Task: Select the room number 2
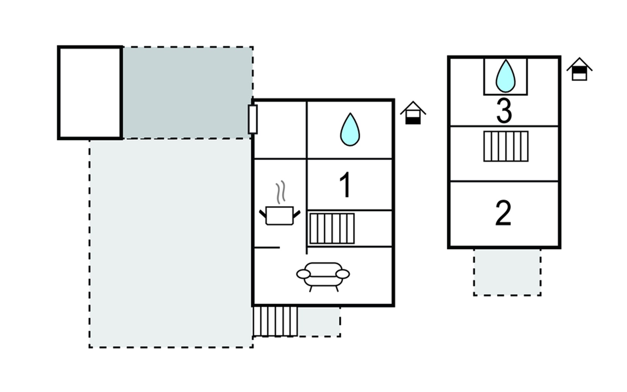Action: pos(503,213)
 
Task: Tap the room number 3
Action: pos(504,111)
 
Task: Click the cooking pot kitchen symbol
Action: pos(280,216)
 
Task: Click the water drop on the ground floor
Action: pos(350,129)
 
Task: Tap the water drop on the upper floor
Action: pos(506,76)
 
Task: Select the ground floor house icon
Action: pos(413,113)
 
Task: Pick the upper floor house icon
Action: pos(579,69)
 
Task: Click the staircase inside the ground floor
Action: pos(332,229)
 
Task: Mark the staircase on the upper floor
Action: pos(506,146)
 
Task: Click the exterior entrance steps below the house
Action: pos(275,321)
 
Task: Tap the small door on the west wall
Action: pos(252,119)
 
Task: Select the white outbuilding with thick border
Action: pos(90,93)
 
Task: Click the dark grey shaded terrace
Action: pos(187,93)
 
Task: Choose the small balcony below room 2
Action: pos(507,272)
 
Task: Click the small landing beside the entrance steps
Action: pos(319,322)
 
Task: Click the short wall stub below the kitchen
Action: pos(267,248)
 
